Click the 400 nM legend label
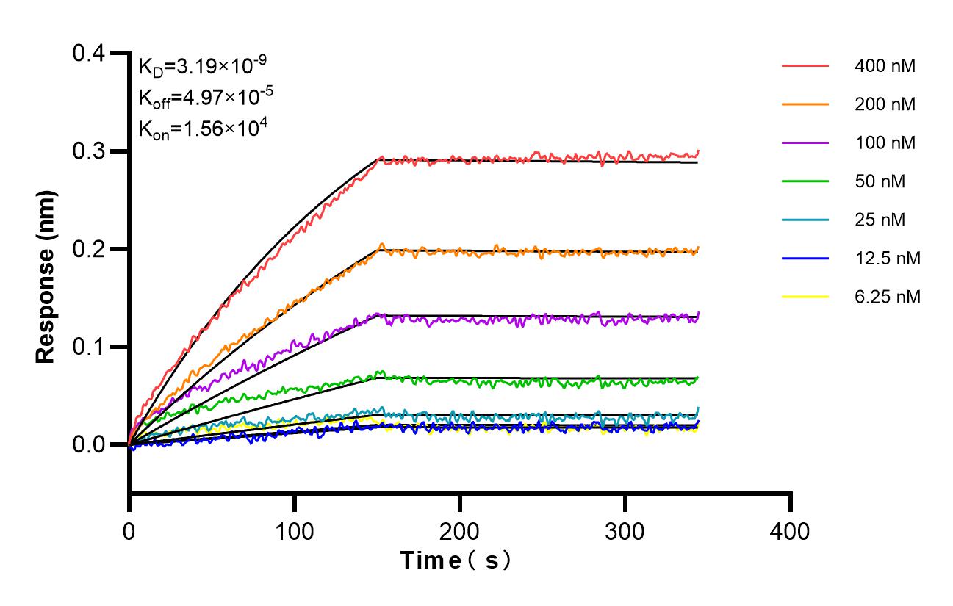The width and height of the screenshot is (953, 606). click(885, 66)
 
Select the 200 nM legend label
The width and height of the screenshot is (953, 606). click(885, 104)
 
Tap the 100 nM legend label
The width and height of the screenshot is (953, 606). click(885, 143)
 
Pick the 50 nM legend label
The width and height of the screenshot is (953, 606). click(880, 181)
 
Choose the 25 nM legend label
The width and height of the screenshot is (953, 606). click(880, 220)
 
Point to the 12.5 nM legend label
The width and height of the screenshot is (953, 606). click(888, 258)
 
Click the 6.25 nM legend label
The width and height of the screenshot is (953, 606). click(888, 297)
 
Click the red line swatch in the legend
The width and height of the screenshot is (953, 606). click(805, 66)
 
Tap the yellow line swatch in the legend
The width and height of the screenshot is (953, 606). click(805, 297)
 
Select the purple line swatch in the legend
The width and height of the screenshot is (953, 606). click(805, 143)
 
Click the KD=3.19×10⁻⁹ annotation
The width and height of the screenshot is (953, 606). click(197, 67)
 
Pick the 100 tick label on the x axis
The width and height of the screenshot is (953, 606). click(295, 530)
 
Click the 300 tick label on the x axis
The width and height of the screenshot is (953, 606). click(625, 530)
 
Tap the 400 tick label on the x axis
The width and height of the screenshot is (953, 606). click(791, 530)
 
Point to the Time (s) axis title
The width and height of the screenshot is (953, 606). click(456, 561)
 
